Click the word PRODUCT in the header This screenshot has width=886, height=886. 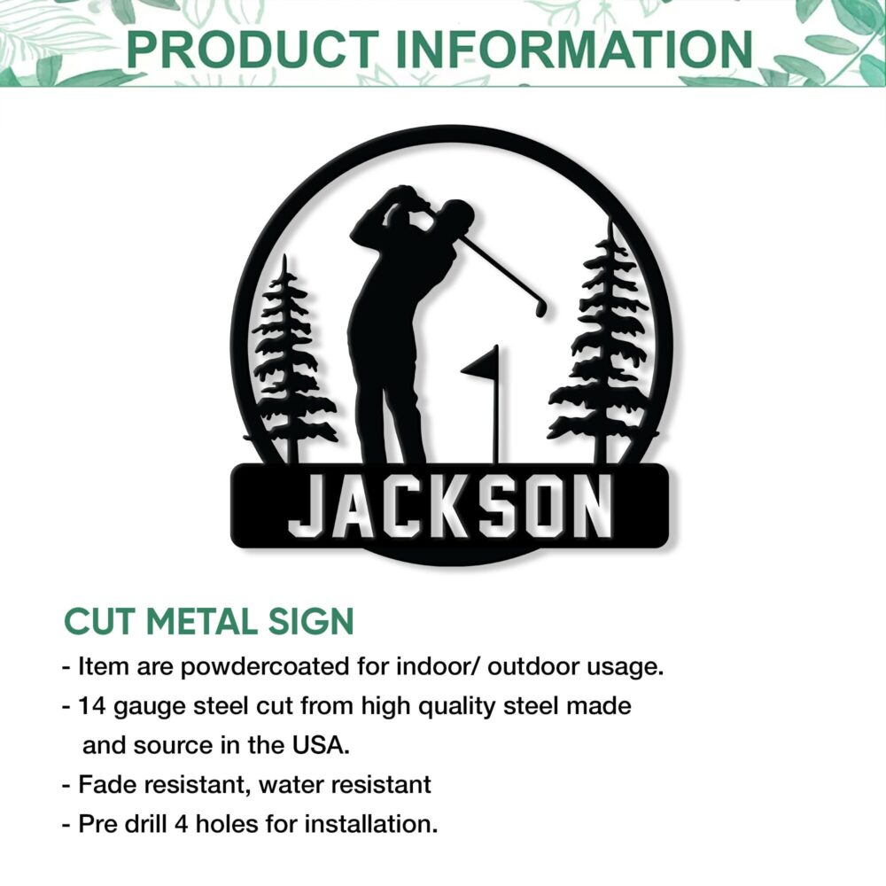pos(253,50)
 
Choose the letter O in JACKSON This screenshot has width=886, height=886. pos(538,506)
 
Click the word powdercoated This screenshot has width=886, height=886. pos(265,667)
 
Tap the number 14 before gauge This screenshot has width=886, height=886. pos(92,706)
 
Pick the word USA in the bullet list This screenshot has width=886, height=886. pos(321,746)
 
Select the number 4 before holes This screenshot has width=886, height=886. pos(181,824)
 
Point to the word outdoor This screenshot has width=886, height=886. pos(532,667)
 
